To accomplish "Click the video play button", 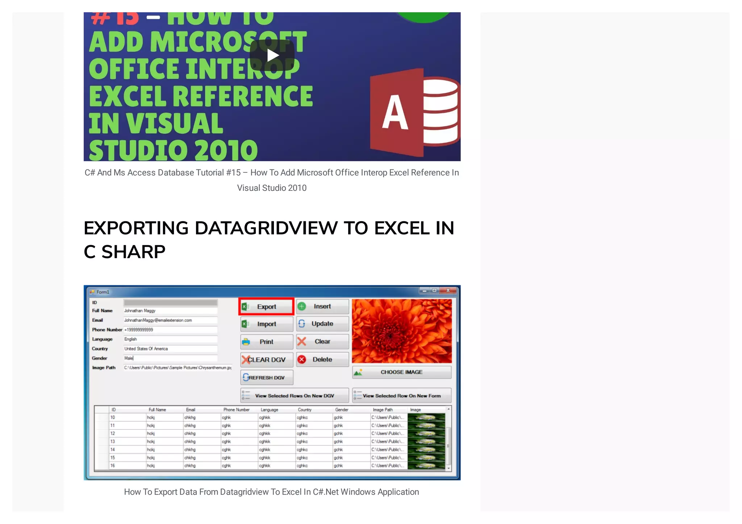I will point(272,55).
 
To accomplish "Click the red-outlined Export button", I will point(266,307).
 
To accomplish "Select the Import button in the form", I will point(267,324).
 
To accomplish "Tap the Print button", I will point(267,342).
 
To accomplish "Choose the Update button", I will point(322,324).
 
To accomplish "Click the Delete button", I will point(322,360).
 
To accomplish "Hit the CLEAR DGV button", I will point(267,360).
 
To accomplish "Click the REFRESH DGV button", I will point(267,378).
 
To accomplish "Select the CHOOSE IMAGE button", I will point(401,372).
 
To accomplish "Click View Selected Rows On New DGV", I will point(295,396).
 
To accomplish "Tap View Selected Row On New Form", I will point(401,396).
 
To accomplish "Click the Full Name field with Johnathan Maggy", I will point(170,311).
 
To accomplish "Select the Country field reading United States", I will point(170,349).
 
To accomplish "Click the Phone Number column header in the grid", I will point(236,410).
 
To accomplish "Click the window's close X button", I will point(448,290).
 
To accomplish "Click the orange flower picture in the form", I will point(401,331).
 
